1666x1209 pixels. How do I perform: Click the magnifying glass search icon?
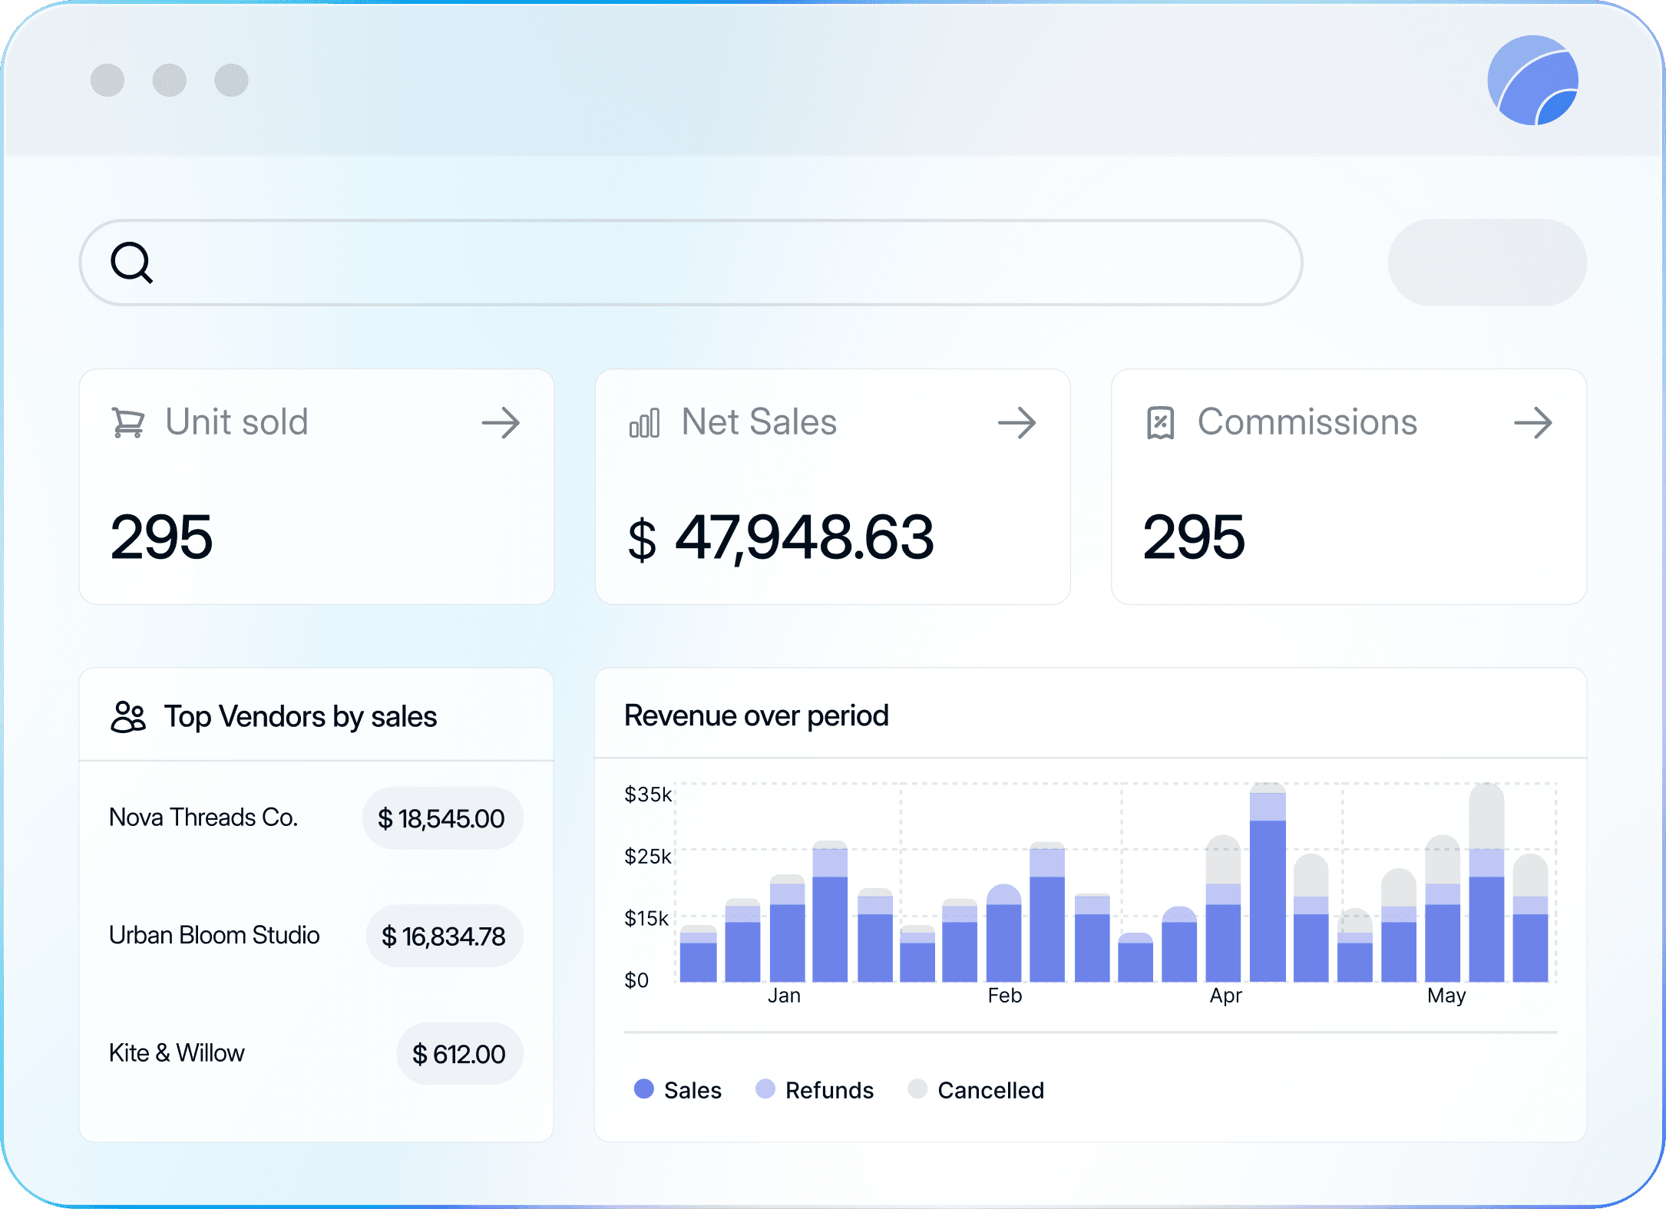coord(132,263)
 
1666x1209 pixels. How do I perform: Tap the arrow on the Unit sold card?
coord(501,423)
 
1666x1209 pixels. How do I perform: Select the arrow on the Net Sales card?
coord(1016,423)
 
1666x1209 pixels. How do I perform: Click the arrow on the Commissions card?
coord(1532,423)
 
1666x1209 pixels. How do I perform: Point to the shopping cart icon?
coord(128,423)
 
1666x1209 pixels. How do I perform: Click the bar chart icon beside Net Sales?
coord(644,423)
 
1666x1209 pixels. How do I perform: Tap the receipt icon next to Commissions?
coord(1160,423)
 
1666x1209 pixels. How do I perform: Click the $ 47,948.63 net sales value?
coord(781,537)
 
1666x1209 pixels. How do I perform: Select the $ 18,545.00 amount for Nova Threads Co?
coord(441,818)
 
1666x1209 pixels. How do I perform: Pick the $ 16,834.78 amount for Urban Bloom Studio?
coord(444,936)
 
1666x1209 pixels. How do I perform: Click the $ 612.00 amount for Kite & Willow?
coord(459,1054)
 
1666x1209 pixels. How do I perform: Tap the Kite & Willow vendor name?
coord(177,1052)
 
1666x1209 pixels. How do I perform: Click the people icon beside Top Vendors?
coord(128,717)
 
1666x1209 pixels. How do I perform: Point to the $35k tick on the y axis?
coord(647,794)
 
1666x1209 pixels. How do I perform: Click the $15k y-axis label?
coord(646,918)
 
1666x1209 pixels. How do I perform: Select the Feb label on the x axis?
coord(1004,996)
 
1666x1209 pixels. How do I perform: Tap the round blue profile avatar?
coord(1532,81)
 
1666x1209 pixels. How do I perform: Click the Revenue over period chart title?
coord(756,715)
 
